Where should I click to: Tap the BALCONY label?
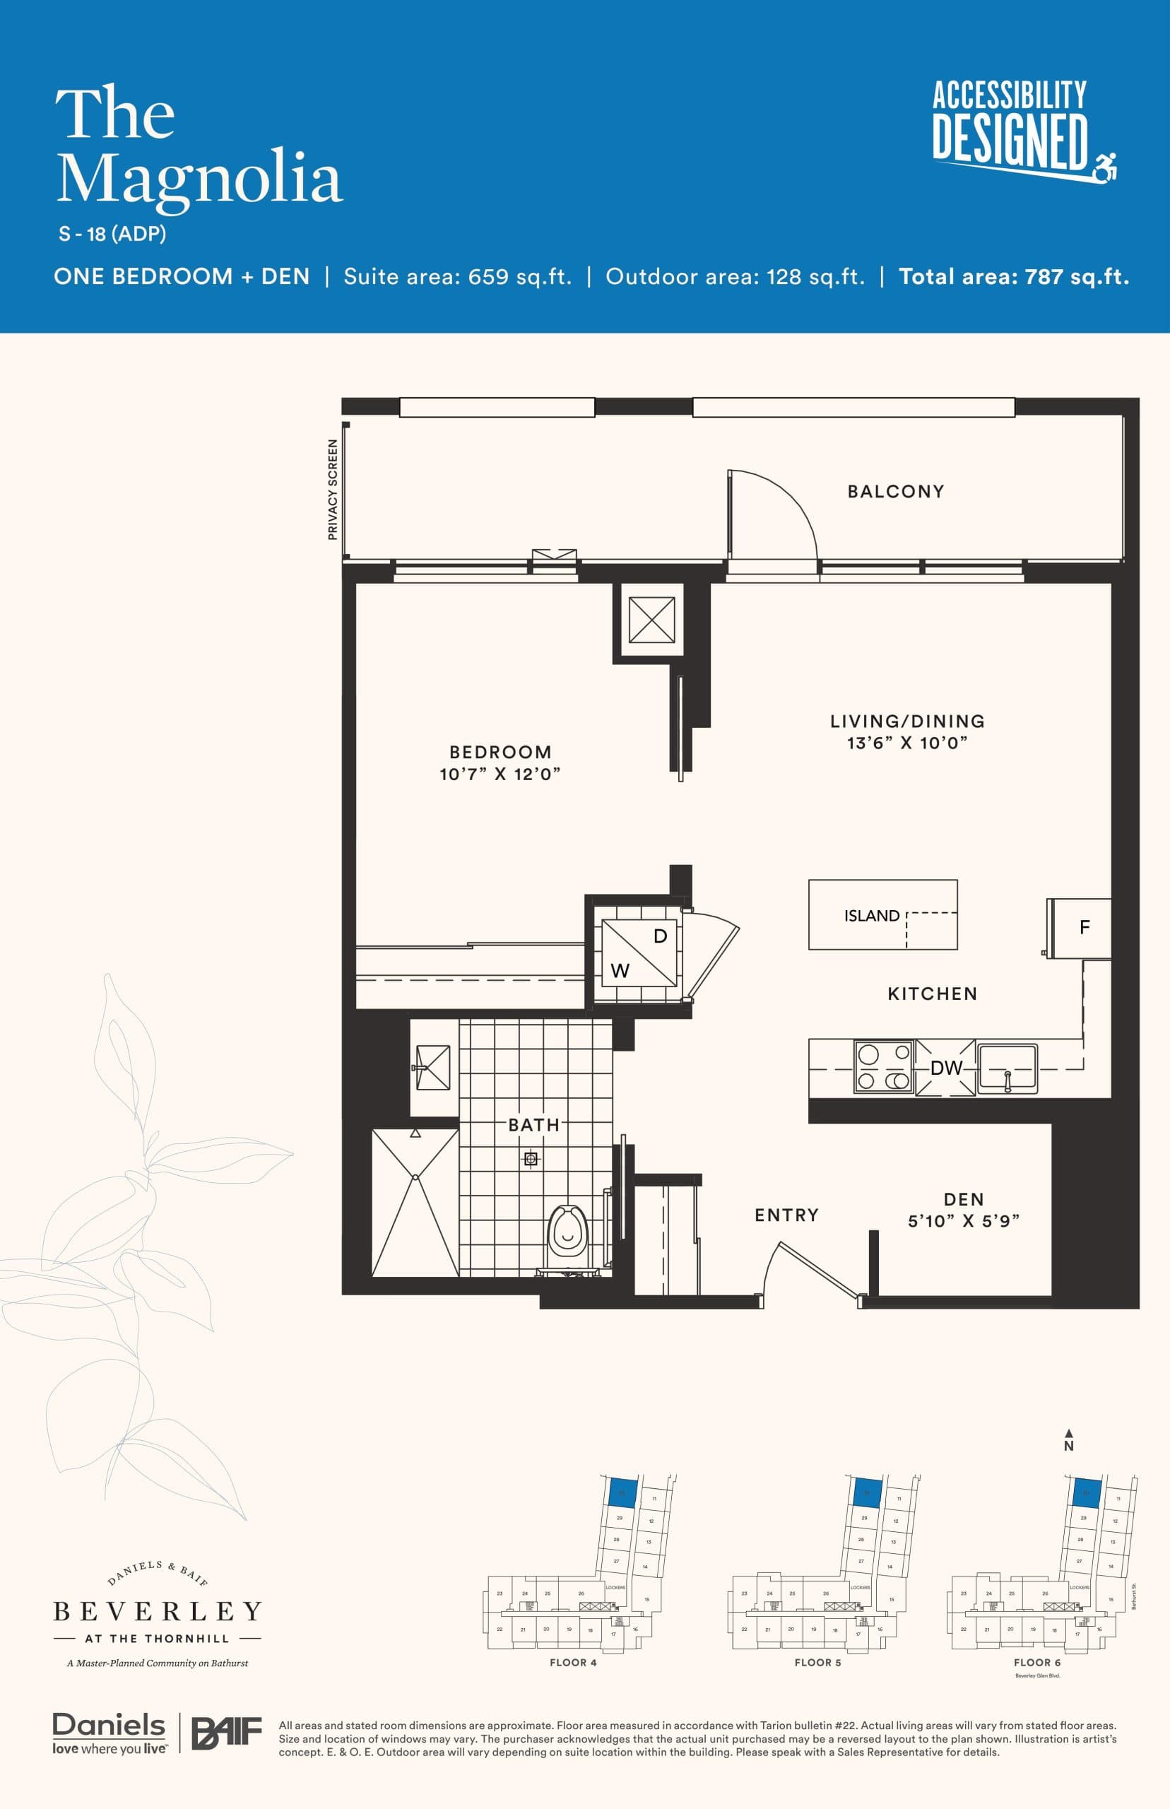(x=896, y=492)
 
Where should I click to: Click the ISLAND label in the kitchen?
(x=871, y=917)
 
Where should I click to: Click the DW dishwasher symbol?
(x=946, y=1068)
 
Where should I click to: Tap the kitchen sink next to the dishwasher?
(x=1007, y=1068)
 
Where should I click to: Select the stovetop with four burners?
(x=884, y=1067)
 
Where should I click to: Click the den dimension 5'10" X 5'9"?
(x=964, y=1221)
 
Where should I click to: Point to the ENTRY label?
(x=786, y=1215)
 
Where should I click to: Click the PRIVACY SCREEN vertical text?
(x=332, y=490)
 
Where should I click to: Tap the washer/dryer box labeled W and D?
(x=639, y=953)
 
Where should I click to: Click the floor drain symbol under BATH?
(x=531, y=1159)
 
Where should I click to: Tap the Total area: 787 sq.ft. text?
(x=1013, y=276)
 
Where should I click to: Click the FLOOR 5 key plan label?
(x=817, y=1662)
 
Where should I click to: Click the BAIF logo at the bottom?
(x=225, y=1733)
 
